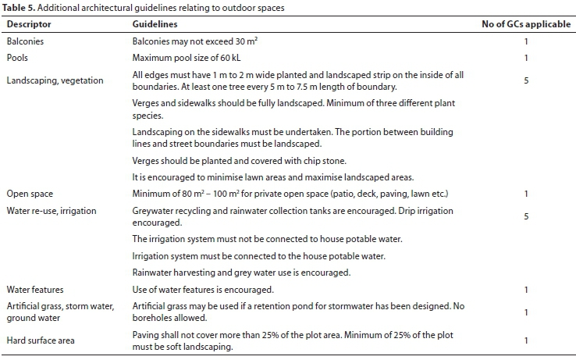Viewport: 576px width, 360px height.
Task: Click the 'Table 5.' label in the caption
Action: tap(20, 8)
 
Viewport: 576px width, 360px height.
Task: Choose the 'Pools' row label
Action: tap(19, 58)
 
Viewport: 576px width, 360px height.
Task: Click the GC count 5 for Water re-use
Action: tap(526, 216)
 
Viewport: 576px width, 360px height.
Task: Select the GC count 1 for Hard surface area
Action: tap(526, 340)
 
